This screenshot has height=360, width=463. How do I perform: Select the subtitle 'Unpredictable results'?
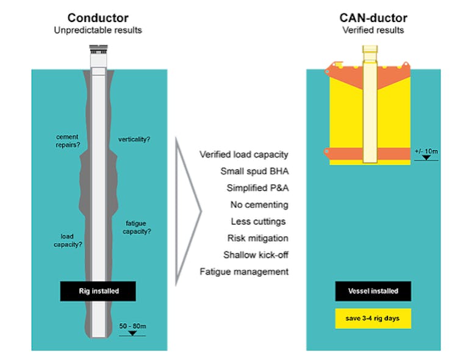click(x=98, y=30)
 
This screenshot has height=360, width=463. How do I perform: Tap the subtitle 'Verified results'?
click(x=373, y=30)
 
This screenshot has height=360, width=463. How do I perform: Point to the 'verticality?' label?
click(x=134, y=140)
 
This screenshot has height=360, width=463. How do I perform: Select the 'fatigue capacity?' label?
click(x=138, y=227)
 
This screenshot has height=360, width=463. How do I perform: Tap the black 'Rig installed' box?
click(x=98, y=291)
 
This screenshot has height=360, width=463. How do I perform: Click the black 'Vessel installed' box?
click(x=373, y=291)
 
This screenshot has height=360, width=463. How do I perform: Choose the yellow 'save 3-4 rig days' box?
click(x=373, y=319)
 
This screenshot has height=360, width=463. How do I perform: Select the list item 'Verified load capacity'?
click(x=244, y=154)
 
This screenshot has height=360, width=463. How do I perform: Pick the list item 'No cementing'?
click(x=259, y=204)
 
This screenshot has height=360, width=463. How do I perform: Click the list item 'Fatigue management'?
click(x=244, y=272)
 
